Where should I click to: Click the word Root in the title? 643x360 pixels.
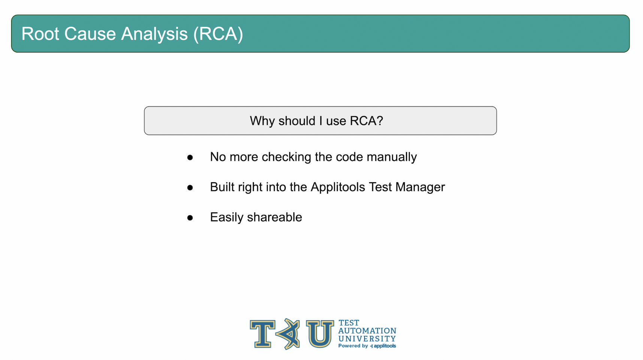(40, 34)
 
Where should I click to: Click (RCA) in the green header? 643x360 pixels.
(218, 34)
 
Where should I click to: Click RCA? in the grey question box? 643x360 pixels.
(366, 121)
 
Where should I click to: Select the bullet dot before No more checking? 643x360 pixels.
(190, 157)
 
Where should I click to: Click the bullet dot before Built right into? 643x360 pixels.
(190, 187)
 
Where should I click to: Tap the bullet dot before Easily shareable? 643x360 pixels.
(190, 218)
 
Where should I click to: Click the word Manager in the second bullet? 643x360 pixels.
(420, 187)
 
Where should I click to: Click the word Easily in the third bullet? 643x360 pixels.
(227, 217)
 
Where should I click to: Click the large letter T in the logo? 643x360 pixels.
(263, 334)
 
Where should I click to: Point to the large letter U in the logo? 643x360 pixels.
(320, 334)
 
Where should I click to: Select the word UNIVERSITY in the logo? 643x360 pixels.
(367, 339)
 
